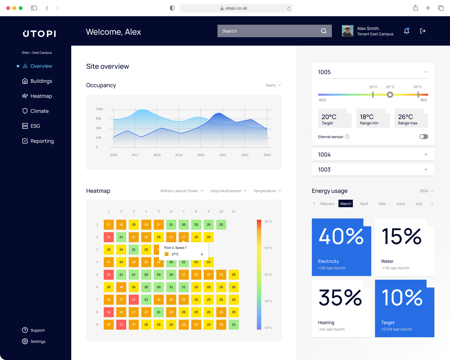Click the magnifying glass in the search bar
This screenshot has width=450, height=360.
[x=324, y=31]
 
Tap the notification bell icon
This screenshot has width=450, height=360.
[x=407, y=31]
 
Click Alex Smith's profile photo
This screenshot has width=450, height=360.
[x=347, y=31]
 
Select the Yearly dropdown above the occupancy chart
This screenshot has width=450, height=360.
[x=273, y=85]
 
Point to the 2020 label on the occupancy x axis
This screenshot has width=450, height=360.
[x=201, y=155]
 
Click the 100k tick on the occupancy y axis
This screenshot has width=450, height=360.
[x=99, y=109]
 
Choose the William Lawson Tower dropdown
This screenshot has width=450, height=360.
[x=182, y=191]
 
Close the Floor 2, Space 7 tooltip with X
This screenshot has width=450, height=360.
[x=202, y=254]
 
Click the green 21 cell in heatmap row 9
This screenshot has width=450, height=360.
[x=234, y=325]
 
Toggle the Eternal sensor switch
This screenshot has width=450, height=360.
[x=423, y=137]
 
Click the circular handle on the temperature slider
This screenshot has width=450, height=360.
[x=390, y=95]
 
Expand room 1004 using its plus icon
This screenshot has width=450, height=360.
[x=426, y=154]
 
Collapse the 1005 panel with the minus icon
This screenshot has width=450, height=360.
[x=426, y=72]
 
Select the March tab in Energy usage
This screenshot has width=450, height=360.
[x=346, y=203]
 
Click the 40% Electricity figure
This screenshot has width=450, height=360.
[x=341, y=237]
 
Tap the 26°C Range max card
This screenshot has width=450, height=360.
[x=411, y=119]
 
